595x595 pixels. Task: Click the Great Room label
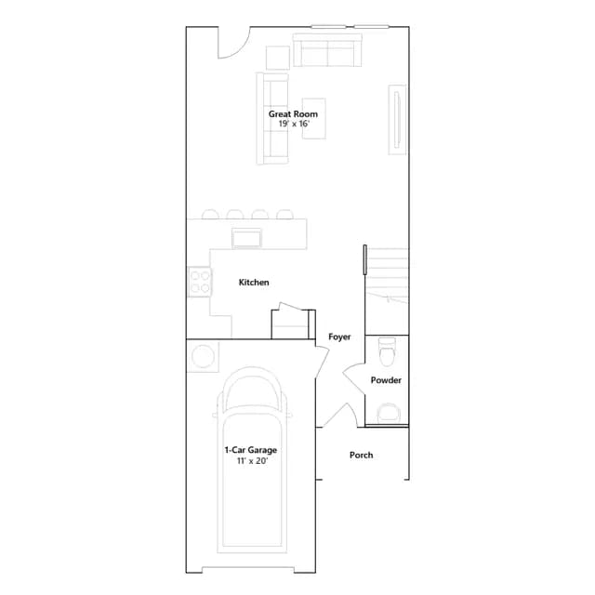click(293, 113)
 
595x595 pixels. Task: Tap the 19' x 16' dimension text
click(294, 124)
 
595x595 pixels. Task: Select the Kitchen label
click(254, 283)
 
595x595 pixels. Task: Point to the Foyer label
click(339, 337)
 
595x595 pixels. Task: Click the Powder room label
click(386, 380)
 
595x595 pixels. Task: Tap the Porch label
click(362, 455)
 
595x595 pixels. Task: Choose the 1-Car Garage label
click(251, 450)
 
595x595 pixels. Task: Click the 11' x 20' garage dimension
click(252, 461)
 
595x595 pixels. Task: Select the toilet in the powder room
click(387, 351)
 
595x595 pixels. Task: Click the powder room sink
click(389, 413)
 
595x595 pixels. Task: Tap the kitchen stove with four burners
click(200, 282)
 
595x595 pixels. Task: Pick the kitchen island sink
click(246, 239)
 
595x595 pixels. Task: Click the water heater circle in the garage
click(203, 356)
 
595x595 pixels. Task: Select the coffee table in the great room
click(314, 118)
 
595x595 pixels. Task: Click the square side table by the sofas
click(278, 58)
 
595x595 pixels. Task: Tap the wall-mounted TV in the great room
click(397, 120)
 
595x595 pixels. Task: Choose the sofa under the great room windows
click(327, 50)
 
